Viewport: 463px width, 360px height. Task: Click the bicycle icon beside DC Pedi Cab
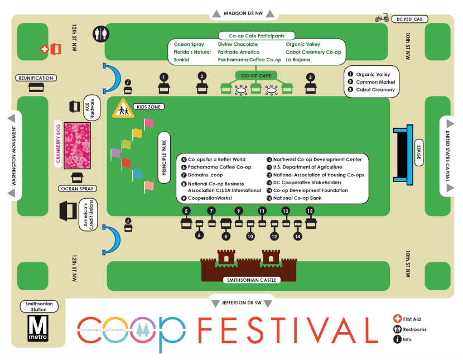(x=382, y=18)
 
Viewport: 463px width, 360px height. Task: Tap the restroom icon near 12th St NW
(x=101, y=34)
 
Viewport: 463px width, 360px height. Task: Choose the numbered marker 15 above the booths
(x=310, y=211)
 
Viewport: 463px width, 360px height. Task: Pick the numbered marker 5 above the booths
(x=186, y=211)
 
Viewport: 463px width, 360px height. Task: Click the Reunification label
(x=35, y=78)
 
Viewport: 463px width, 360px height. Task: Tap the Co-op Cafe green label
(x=255, y=75)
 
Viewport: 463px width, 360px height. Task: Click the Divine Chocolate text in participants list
(x=238, y=44)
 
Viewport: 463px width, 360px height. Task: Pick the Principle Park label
(x=165, y=158)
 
